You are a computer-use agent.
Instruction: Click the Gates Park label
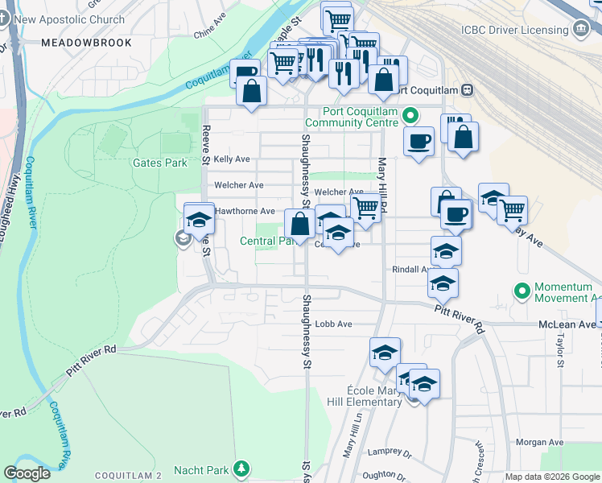point(159,163)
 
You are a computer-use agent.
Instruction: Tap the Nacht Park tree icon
point(241,468)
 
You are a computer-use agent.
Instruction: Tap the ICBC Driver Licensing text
point(514,30)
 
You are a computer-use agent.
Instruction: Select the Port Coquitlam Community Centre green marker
point(410,116)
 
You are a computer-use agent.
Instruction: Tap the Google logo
point(27,473)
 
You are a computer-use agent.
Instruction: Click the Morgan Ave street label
point(539,442)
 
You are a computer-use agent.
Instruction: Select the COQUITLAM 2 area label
point(129,476)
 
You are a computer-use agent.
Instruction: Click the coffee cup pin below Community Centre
point(418,143)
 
